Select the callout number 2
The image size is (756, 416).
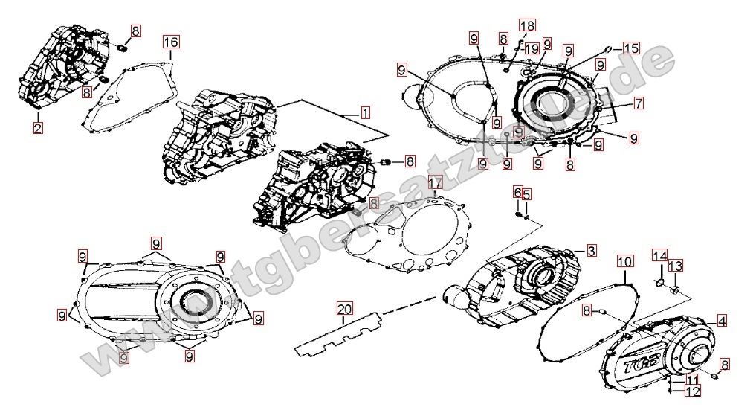point(38,127)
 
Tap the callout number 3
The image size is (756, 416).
point(590,250)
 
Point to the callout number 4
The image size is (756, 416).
point(721,320)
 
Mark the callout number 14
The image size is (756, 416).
point(659,256)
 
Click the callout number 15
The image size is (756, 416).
point(630,48)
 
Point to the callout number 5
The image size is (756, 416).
point(526,194)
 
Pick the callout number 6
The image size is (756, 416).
point(517,193)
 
